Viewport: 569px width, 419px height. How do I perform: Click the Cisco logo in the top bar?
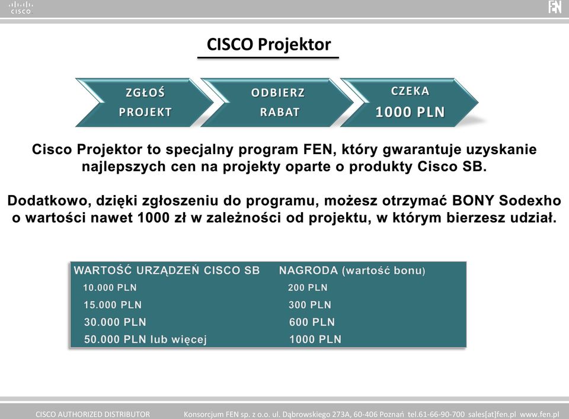tap(21, 8)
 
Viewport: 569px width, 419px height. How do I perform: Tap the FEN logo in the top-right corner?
tap(555, 7)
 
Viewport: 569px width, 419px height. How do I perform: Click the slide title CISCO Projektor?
tap(268, 44)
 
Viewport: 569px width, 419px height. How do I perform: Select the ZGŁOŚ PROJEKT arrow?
tap(145, 103)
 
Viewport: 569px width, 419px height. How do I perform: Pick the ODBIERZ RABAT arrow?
tap(277, 103)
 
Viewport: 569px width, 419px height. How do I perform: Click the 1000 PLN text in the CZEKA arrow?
tap(410, 112)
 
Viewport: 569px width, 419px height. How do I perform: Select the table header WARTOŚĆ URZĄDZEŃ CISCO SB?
tap(167, 270)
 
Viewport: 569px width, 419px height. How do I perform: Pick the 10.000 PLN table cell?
tap(110, 287)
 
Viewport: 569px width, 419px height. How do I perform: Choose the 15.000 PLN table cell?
tap(113, 305)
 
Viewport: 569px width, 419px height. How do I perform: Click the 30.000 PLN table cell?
tap(115, 322)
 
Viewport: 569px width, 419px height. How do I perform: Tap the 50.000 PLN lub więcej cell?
tap(146, 340)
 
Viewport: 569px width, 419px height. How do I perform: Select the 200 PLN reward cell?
tap(308, 287)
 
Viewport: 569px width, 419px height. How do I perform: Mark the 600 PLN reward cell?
tap(312, 322)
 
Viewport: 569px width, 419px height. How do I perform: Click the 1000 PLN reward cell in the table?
tap(315, 340)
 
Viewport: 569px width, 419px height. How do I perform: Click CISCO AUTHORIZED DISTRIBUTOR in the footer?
tap(92, 414)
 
